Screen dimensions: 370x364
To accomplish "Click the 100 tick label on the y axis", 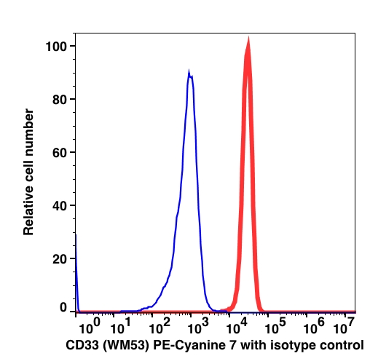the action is (56, 47).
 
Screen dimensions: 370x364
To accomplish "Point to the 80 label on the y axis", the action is (60, 100).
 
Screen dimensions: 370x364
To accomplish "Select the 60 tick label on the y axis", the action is (60, 153).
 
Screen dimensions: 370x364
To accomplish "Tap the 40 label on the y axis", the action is (60, 206).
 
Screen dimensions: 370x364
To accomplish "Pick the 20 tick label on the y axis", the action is (60, 259).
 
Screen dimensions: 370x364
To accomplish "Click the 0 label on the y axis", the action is (63, 307).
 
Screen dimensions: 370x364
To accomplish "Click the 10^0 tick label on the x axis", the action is (90, 326).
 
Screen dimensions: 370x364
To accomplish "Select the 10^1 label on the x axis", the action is (121, 326).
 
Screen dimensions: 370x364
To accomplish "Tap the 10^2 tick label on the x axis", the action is (160, 326).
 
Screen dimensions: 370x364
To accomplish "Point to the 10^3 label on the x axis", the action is (198, 326).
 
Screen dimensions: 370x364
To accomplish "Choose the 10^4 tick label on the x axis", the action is (237, 326).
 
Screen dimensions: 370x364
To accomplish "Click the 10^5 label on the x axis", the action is (275, 326).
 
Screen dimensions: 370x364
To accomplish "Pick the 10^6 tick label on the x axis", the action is (314, 326).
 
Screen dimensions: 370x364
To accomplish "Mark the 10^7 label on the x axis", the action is (344, 326).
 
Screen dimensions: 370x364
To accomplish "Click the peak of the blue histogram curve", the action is (189, 71).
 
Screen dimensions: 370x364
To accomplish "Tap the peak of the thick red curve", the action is (248, 38).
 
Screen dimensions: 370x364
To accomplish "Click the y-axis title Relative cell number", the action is (28, 172).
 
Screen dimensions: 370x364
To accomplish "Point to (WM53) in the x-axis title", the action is (126, 346).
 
